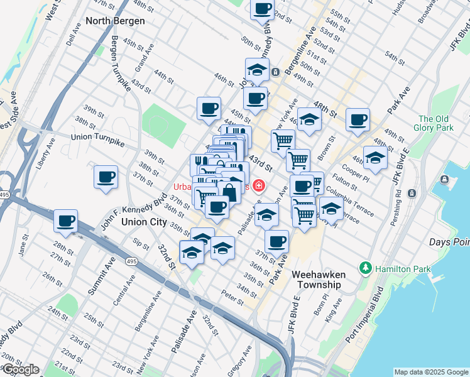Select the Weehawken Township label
tap(317, 279)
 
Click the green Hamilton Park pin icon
tap(366, 268)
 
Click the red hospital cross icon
tap(258, 186)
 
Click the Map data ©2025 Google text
tap(430, 371)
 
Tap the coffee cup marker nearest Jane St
tap(65, 221)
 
